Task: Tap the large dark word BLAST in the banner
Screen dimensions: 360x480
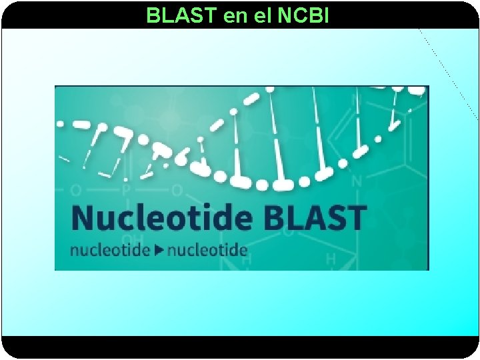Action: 315,217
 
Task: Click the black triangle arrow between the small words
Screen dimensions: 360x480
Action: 159,251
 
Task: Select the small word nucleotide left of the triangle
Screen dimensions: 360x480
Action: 110,251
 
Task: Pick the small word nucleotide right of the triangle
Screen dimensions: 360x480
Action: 207,251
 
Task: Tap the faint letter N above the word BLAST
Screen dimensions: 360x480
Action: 357,181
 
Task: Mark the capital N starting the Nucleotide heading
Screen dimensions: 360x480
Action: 83,217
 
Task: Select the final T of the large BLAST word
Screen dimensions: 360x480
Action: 357,217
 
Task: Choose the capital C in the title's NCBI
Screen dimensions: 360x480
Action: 298,15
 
